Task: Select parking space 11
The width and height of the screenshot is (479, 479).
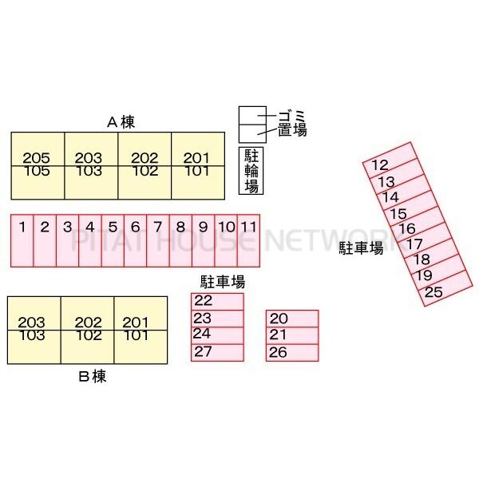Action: click(250, 239)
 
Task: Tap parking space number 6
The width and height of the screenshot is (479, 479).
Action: click(136, 239)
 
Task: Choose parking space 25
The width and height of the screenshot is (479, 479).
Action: click(444, 291)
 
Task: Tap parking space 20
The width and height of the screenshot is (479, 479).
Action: click(292, 319)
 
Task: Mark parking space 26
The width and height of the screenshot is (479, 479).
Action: click(292, 352)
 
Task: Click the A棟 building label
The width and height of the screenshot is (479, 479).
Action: click(121, 122)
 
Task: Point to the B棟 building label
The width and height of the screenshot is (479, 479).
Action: click(93, 376)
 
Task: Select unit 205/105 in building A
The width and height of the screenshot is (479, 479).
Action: click(37, 164)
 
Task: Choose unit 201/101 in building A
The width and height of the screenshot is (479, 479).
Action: click(196, 164)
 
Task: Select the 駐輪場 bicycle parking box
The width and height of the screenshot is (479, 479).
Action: click(251, 171)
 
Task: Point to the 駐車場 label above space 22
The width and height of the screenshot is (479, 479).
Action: click(223, 281)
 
